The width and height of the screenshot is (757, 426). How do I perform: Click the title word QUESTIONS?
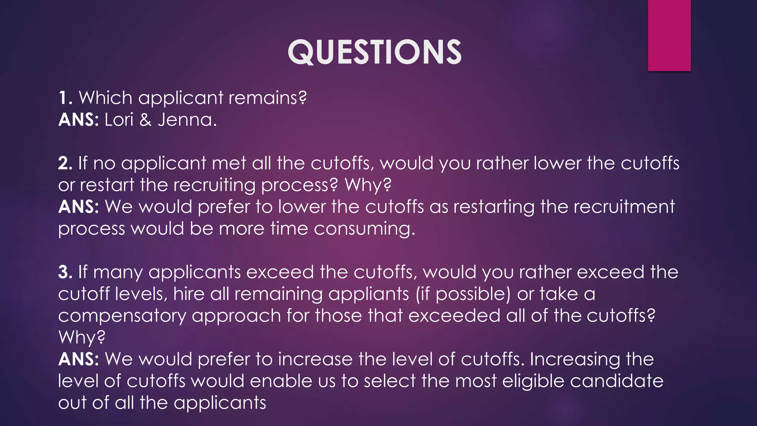pos(374,53)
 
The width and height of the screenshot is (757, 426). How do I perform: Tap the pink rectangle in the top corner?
pos(669,35)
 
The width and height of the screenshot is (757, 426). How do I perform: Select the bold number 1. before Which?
pos(65,98)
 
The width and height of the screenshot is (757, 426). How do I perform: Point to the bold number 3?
pos(65,272)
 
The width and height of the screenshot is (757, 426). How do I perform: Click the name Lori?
pos(119,120)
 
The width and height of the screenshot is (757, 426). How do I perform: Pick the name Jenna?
pos(187,120)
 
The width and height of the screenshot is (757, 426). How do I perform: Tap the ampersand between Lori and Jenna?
pos(146,120)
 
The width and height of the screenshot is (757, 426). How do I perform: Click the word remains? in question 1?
pos(268,98)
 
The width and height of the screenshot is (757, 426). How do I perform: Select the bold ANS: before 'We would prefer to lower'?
pos(79,207)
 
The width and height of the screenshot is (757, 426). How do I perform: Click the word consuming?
pos(364,229)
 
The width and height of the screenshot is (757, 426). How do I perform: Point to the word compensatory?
pos(122,316)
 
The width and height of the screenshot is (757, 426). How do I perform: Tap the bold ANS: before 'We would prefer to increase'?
pos(79,359)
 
